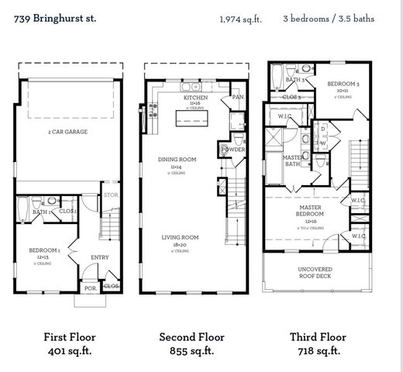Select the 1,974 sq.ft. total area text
pos(240,18)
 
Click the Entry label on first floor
pos(100,258)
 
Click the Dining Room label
pos(176,159)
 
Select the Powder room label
pos(234,150)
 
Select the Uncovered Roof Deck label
pos(314,272)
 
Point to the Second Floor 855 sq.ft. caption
pos(191,343)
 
